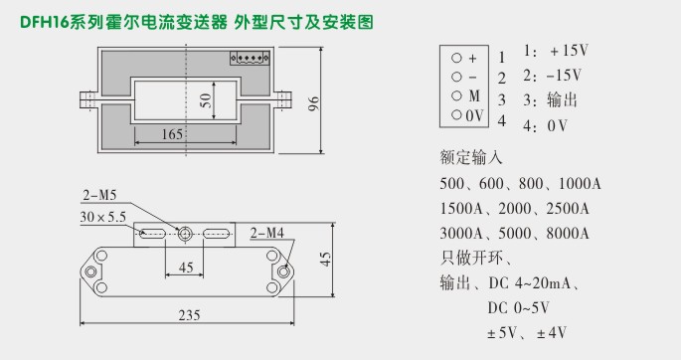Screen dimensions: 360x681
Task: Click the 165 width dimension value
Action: [x=171, y=134]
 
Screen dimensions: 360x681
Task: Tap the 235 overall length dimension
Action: [x=189, y=315]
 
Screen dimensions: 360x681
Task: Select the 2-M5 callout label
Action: [x=96, y=195]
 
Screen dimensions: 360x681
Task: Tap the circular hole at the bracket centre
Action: [x=185, y=235]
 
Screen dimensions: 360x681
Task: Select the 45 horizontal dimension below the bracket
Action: [x=185, y=267]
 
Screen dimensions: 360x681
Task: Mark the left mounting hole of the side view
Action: [x=90, y=271]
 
